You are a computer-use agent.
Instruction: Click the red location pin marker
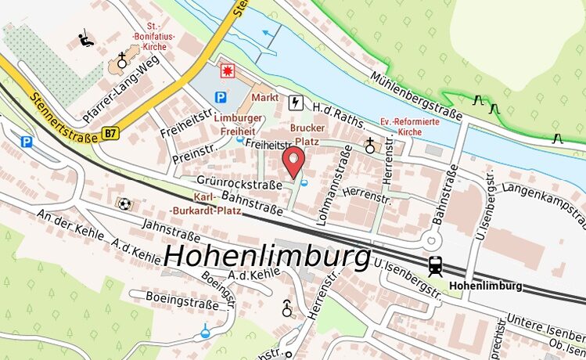point(293,163)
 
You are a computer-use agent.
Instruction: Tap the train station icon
point(435,266)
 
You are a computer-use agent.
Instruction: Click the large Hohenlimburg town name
point(268,256)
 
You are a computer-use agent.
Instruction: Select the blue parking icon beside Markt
point(221,98)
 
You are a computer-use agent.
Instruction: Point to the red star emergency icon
point(228,70)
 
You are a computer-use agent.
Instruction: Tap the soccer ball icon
point(124,204)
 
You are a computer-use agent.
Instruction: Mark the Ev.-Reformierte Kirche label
point(410,127)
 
